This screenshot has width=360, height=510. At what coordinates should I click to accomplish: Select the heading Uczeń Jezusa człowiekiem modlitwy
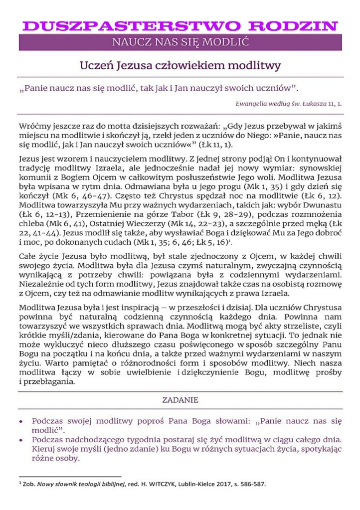(180, 65)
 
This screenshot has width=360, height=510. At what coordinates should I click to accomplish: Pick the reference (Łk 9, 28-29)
(190, 214)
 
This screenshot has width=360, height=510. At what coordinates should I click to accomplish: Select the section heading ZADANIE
(180, 400)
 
